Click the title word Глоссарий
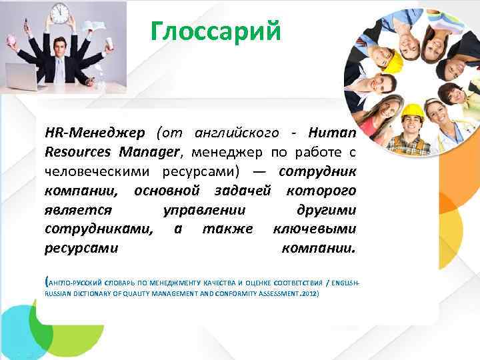216,31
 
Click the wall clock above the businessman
60,11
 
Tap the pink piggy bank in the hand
11,39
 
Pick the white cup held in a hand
109,43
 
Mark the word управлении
204,210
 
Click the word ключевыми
315,229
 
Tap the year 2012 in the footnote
310,293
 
